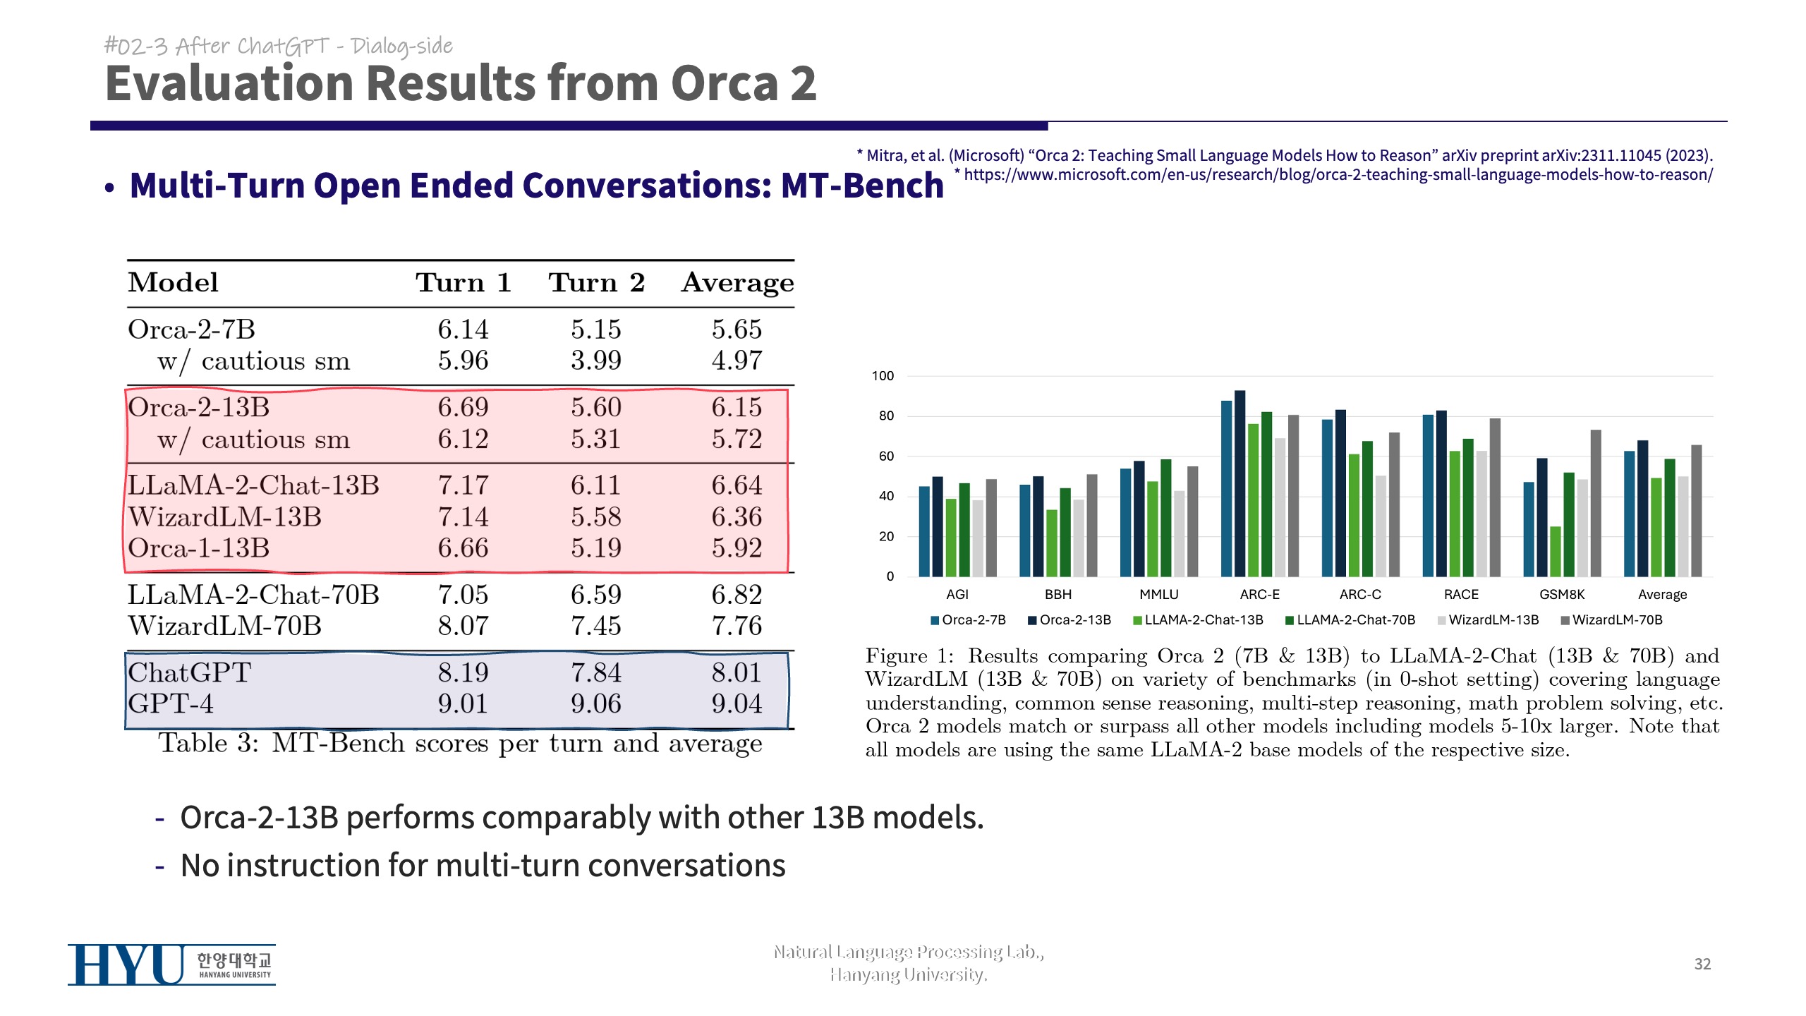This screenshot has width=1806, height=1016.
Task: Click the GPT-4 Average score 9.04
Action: (737, 704)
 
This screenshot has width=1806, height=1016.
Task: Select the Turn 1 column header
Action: (463, 283)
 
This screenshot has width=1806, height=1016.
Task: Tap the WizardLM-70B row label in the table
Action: (224, 626)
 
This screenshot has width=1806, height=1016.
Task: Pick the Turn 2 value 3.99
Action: (596, 361)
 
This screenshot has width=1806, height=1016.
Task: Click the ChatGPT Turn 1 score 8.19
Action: (463, 672)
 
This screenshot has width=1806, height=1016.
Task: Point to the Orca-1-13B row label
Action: (198, 548)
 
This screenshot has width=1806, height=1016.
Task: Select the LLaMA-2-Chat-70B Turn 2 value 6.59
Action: (596, 595)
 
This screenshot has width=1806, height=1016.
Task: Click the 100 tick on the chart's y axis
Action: (883, 376)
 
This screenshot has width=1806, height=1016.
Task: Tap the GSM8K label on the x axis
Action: (1562, 595)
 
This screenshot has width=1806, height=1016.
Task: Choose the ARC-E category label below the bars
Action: (1259, 595)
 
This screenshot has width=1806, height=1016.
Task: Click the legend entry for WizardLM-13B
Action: (1493, 620)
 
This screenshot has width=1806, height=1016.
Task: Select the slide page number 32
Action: (1702, 964)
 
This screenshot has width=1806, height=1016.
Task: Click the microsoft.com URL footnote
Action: (1338, 175)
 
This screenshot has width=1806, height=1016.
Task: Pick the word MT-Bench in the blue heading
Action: (862, 186)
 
